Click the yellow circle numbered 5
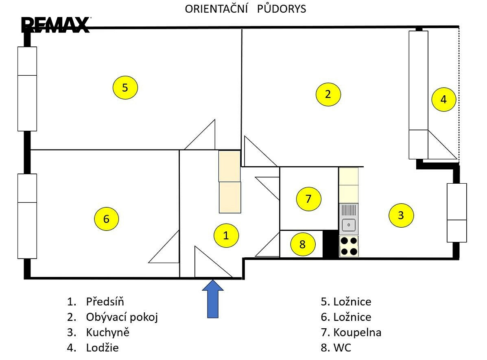(125, 88)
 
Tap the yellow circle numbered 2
(328, 94)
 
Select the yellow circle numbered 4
(444, 99)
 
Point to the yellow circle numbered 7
(309, 199)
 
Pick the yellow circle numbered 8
(303, 244)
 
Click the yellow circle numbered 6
(107, 219)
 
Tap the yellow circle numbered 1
(227, 235)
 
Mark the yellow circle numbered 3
(401, 215)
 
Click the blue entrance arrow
(213, 299)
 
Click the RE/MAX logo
(56, 25)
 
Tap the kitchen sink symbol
(349, 219)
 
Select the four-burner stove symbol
(349, 246)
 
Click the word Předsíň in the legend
(105, 301)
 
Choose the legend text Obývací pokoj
(122, 317)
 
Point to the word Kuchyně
(108, 332)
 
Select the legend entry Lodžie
(103, 347)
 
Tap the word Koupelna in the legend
(357, 333)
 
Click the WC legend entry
(336, 347)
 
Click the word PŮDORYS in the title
(282, 9)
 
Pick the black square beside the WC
(331, 244)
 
